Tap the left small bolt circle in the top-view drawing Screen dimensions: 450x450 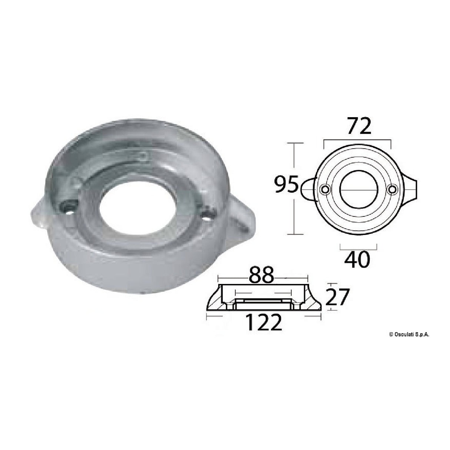[x=325, y=190]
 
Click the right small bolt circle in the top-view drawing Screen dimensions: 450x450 [x=391, y=190]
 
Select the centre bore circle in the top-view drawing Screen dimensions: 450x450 [x=358, y=190]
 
